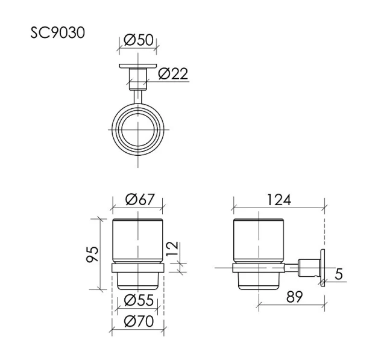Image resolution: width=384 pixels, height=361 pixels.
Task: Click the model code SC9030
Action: click(x=58, y=32)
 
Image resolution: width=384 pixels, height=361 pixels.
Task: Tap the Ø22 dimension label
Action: click(x=174, y=74)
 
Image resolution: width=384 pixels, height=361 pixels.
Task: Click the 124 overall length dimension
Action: click(x=279, y=200)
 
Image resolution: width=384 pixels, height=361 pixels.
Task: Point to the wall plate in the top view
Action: click(x=137, y=66)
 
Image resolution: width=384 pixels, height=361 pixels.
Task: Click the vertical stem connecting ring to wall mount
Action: click(x=137, y=95)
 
